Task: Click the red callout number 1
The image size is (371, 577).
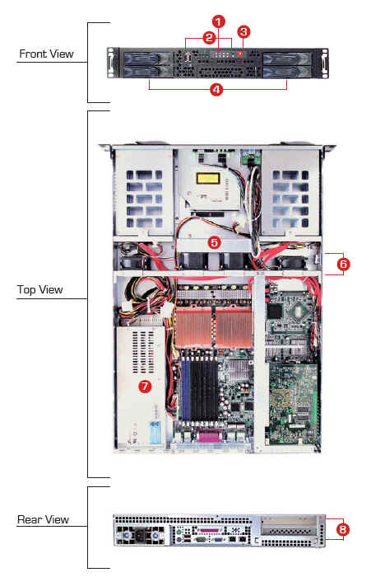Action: (219, 21)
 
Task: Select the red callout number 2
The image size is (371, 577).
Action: (209, 38)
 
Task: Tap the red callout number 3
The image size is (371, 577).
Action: (243, 32)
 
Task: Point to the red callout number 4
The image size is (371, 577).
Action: (216, 89)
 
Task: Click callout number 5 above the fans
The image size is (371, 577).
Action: (214, 242)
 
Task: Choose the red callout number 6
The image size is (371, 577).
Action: (343, 264)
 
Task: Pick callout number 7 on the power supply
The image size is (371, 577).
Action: (145, 386)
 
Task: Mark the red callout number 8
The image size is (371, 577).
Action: (342, 529)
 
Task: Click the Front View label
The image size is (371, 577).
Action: (46, 54)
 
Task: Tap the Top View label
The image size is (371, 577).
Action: (39, 289)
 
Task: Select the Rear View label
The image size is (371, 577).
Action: (43, 519)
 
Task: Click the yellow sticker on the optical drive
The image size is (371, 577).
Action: (208, 179)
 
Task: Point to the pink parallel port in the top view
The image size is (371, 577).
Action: (209, 436)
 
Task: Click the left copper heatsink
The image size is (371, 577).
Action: (193, 327)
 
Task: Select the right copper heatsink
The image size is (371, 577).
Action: (234, 327)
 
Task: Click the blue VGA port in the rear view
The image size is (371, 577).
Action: (217, 539)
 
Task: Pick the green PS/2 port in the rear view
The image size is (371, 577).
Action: (179, 532)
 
